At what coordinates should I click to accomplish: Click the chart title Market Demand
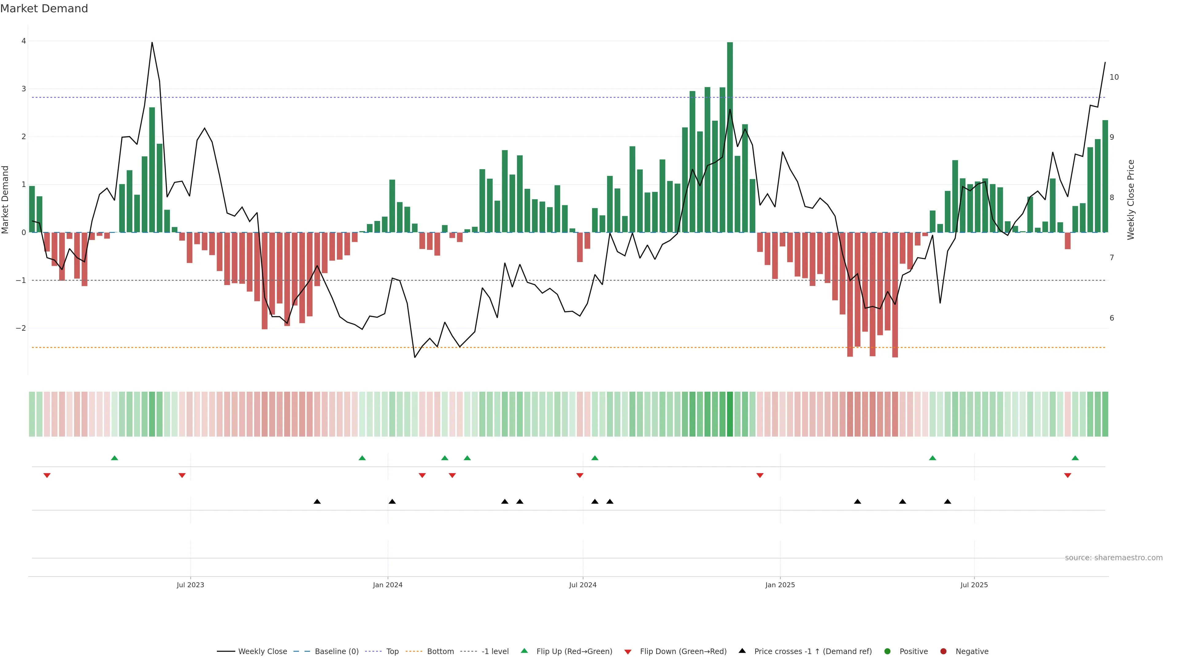click(44, 9)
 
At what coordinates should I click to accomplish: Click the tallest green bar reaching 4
click(730, 137)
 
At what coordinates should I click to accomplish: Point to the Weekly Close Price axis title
click(1130, 200)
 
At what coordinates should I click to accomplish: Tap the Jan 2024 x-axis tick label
click(387, 585)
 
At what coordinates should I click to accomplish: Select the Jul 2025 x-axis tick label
click(974, 585)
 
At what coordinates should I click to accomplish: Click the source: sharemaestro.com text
click(1114, 557)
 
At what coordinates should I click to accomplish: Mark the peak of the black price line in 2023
click(152, 43)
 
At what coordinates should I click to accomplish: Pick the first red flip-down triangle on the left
click(47, 476)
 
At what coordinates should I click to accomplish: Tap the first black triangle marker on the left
click(317, 502)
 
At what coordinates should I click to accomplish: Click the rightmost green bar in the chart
click(1105, 176)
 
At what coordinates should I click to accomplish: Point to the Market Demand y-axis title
click(6, 200)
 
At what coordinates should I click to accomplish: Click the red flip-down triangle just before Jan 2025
click(760, 476)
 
